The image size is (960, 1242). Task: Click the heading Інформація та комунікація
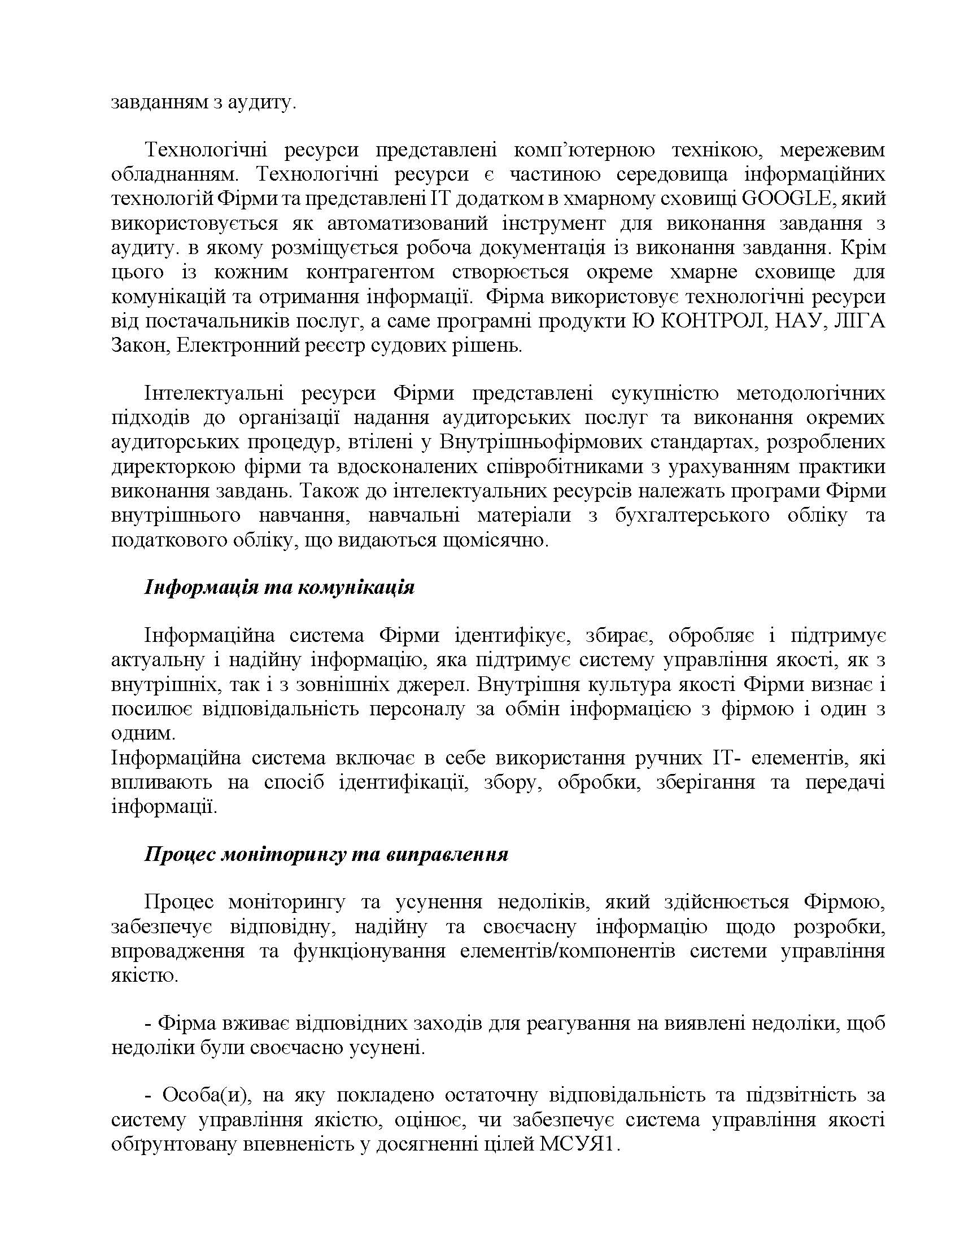(279, 587)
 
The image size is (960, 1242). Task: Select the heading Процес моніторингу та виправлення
(326, 855)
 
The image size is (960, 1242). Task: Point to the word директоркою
(173, 466)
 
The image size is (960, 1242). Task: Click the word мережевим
(832, 150)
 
